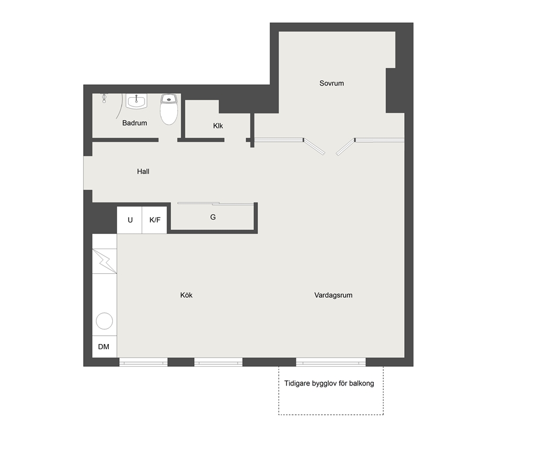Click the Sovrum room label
pyautogui.click(x=332, y=83)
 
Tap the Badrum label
pyautogui.click(x=135, y=123)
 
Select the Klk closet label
pyautogui.click(x=218, y=126)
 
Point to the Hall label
pyautogui.click(x=143, y=171)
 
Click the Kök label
pyautogui.click(x=186, y=295)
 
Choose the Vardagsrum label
pyautogui.click(x=333, y=295)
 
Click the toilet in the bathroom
pyautogui.click(x=169, y=109)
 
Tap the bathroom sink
pyautogui.click(x=136, y=101)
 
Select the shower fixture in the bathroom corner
pyautogui.click(x=104, y=98)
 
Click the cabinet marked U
pyautogui.click(x=129, y=220)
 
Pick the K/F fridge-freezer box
pyautogui.click(x=154, y=220)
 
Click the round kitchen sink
pyautogui.click(x=105, y=321)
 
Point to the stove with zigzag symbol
pyautogui.click(x=105, y=261)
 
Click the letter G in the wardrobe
pyautogui.click(x=213, y=217)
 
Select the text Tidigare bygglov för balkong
pyautogui.click(x=329, y=383)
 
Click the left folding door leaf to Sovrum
pyautogui.click(x=314, y=147)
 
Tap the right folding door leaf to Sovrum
pyautogui.click(x=345, y=147)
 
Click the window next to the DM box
pyautogui.click(x=143, y=362)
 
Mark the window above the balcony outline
pyautogui.click(x=331, y=362)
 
